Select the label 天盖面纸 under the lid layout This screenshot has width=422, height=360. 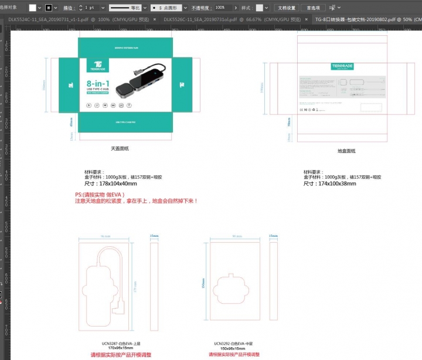pyautogui.click(x=120, y=148)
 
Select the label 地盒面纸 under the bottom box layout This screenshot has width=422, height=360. pyautogui.click(x=346, y=151)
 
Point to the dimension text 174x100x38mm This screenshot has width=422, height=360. pyautogui.click(x=329, y=184)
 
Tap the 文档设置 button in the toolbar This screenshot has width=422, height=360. pyautogui.click(x=287, y=8)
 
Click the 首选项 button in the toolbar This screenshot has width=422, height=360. pyautogui.click(x=314, y=8)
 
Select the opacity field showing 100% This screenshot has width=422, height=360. pyautogui.click(x=222, y=8)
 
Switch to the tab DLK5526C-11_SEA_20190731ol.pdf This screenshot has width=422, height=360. pyautogui.click(x=200, y=19)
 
